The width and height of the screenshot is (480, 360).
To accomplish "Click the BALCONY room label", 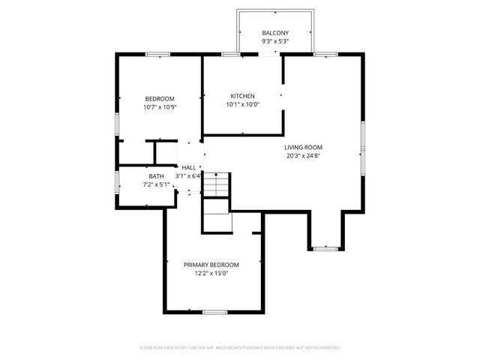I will coord(274,33).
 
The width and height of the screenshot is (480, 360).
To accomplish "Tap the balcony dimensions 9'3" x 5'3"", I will coord(274,43).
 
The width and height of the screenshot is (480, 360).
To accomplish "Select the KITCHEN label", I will coord(242,96).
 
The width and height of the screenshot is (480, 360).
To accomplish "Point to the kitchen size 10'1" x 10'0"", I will coord(242,105).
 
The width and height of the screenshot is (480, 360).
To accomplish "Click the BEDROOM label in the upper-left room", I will coord(160,99).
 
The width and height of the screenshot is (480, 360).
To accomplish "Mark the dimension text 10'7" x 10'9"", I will coord(160,107).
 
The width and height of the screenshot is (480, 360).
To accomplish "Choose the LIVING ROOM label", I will coord(303,147).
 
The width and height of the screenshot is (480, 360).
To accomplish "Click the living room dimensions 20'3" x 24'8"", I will coord(303,156).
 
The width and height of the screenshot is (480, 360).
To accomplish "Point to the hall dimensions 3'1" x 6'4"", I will coord(188,176).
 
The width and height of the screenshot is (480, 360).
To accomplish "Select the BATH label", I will coord(156,175).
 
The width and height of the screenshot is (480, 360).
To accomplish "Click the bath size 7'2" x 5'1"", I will coord(156,184).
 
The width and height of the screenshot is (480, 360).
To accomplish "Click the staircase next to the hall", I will coord(217,184).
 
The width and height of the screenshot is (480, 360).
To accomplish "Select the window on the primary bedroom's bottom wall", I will coord(214,311).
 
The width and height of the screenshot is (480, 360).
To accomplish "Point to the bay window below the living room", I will coord(325,247).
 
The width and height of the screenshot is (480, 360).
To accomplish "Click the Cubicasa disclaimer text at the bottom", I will coord(240,348).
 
